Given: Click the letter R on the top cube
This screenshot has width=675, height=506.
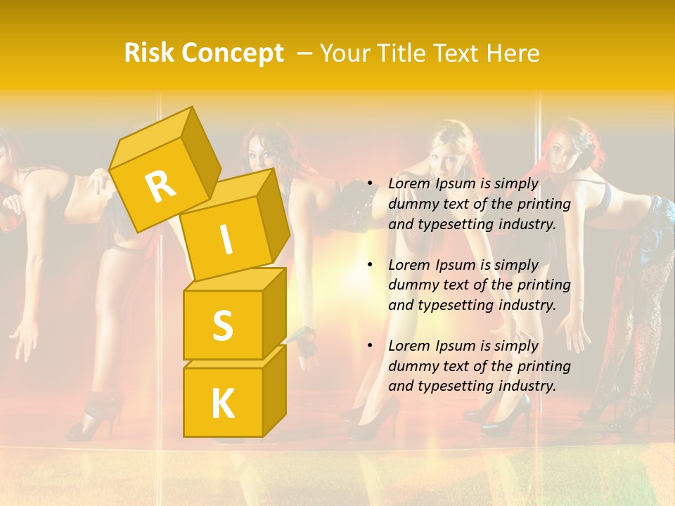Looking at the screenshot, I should point(160,186).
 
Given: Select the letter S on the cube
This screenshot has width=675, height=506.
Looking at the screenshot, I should point(222,325).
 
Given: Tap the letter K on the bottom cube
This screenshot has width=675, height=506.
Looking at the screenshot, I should point(223,404).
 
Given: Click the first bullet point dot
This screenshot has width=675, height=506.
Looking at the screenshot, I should point(371,183).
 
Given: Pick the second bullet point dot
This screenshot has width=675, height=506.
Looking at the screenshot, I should point(371,265).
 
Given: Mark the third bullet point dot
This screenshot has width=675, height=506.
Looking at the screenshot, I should point(371,346).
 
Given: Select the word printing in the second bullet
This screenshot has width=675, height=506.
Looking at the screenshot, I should point(544,285).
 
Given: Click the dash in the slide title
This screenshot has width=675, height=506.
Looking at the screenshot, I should point(306,53).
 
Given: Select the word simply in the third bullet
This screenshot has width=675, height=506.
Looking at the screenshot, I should point(516,346).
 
